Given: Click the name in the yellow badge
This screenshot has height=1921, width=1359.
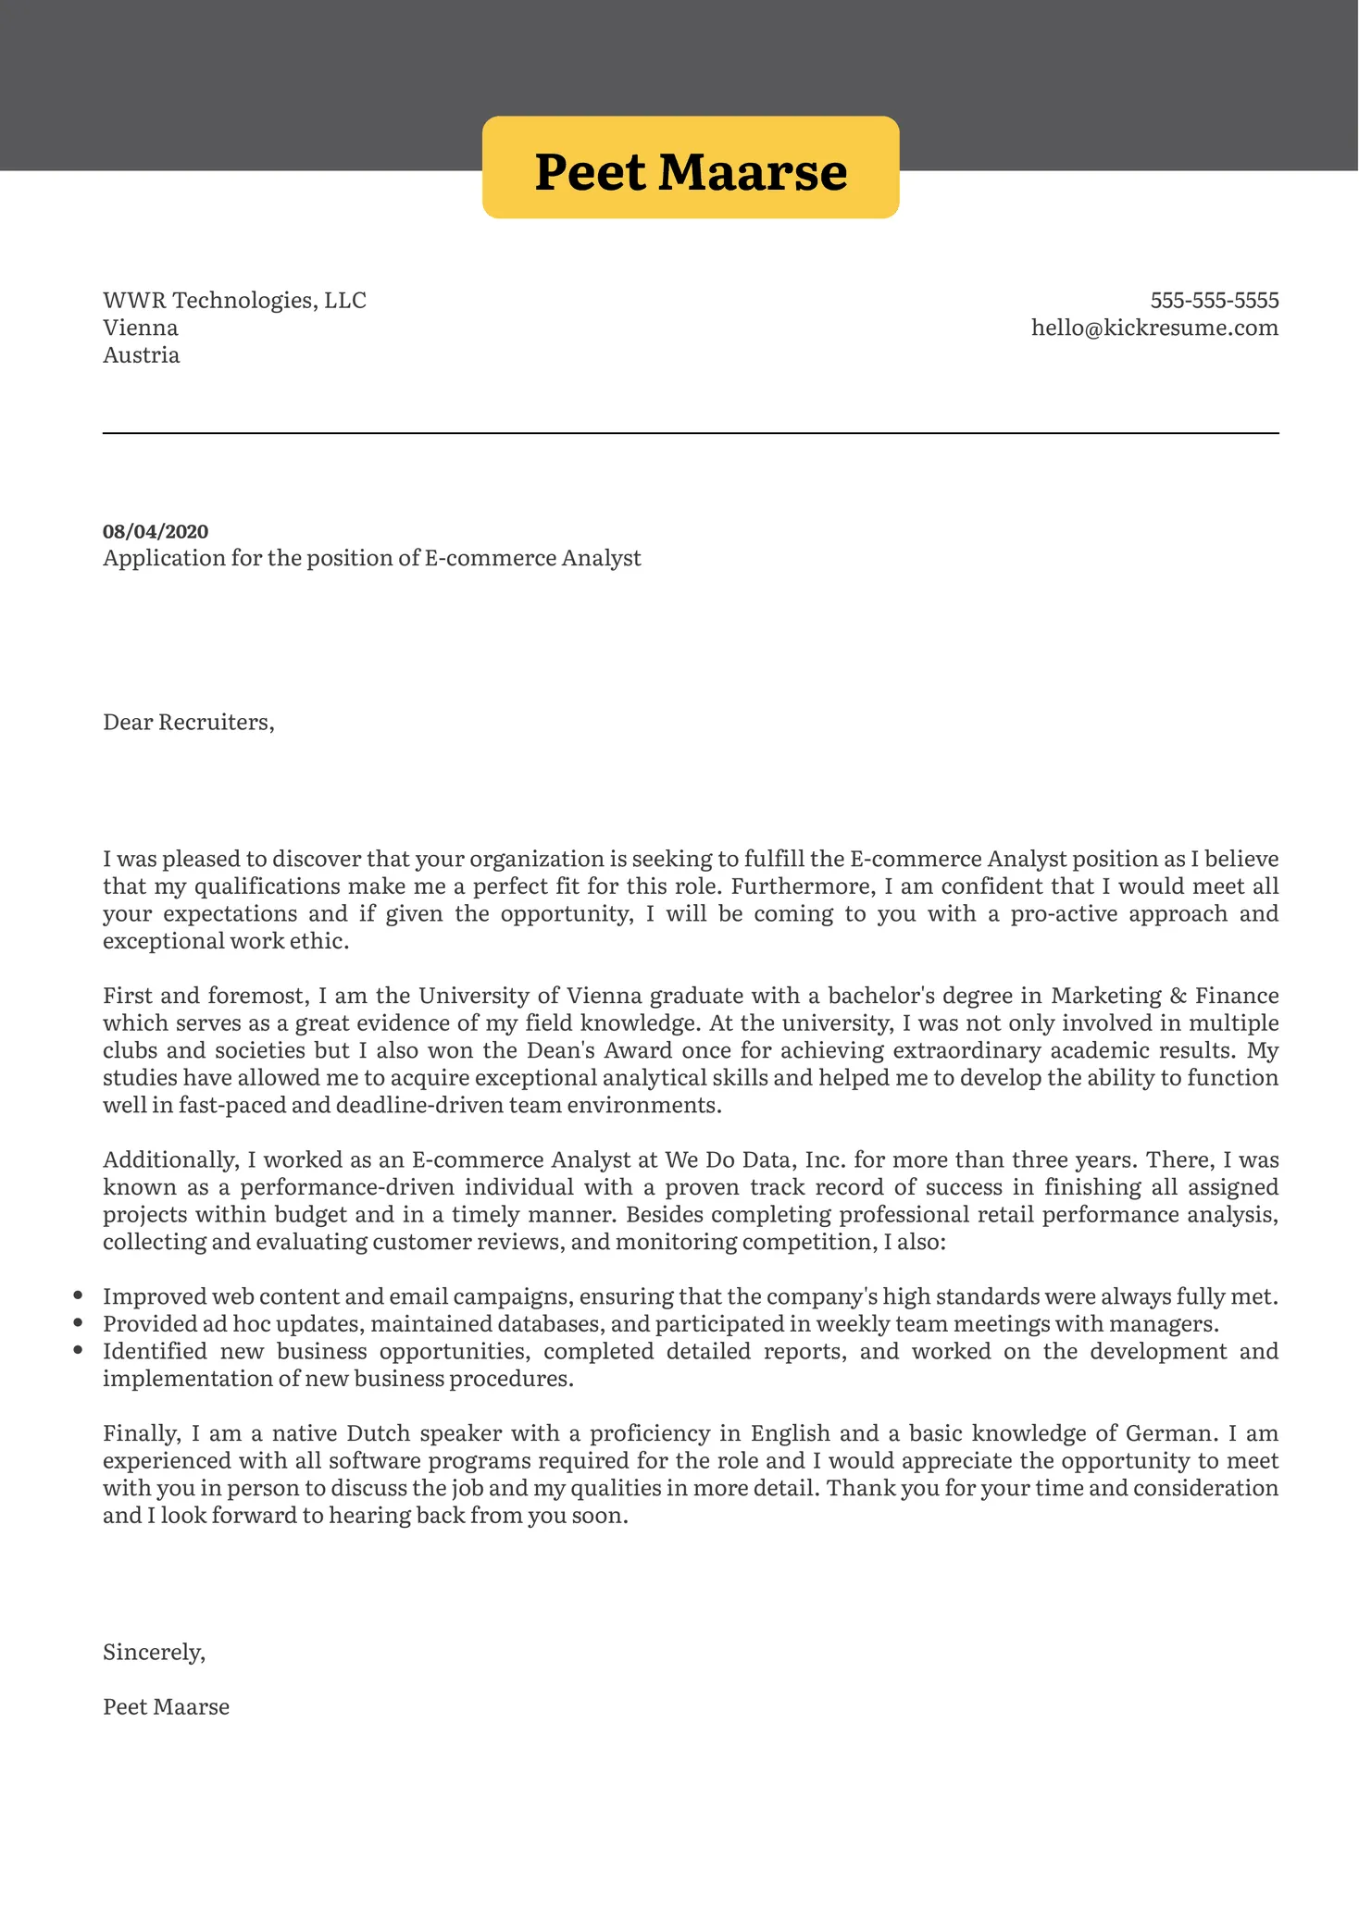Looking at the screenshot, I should (x=691, y=172).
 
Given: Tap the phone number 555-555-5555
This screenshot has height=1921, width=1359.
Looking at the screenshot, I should (x=1214, y=301).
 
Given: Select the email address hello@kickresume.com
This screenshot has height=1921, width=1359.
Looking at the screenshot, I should (x=1154, y=328).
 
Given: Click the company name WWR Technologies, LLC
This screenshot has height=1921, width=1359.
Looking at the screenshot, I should (x=234, y=301).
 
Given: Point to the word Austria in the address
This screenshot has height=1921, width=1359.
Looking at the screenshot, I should (x=141, y=355).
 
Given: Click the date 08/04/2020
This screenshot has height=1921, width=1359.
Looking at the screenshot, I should (x=156, y=531).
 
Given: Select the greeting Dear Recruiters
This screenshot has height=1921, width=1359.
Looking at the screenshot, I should (x=188, y=723).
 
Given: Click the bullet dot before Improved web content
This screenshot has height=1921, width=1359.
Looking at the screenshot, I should (x=78, y=1296).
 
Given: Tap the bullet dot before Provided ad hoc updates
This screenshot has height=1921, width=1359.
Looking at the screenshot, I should (x=78, y=1324).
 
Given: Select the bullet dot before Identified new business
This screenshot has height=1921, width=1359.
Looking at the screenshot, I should (x=78, y=1351).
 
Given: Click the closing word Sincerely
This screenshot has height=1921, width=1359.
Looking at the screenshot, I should (x=154, y=1653).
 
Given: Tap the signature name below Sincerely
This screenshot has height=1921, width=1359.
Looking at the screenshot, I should (x=166, y=1707).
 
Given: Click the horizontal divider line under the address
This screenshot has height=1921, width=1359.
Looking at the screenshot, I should (x=691, y=433).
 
